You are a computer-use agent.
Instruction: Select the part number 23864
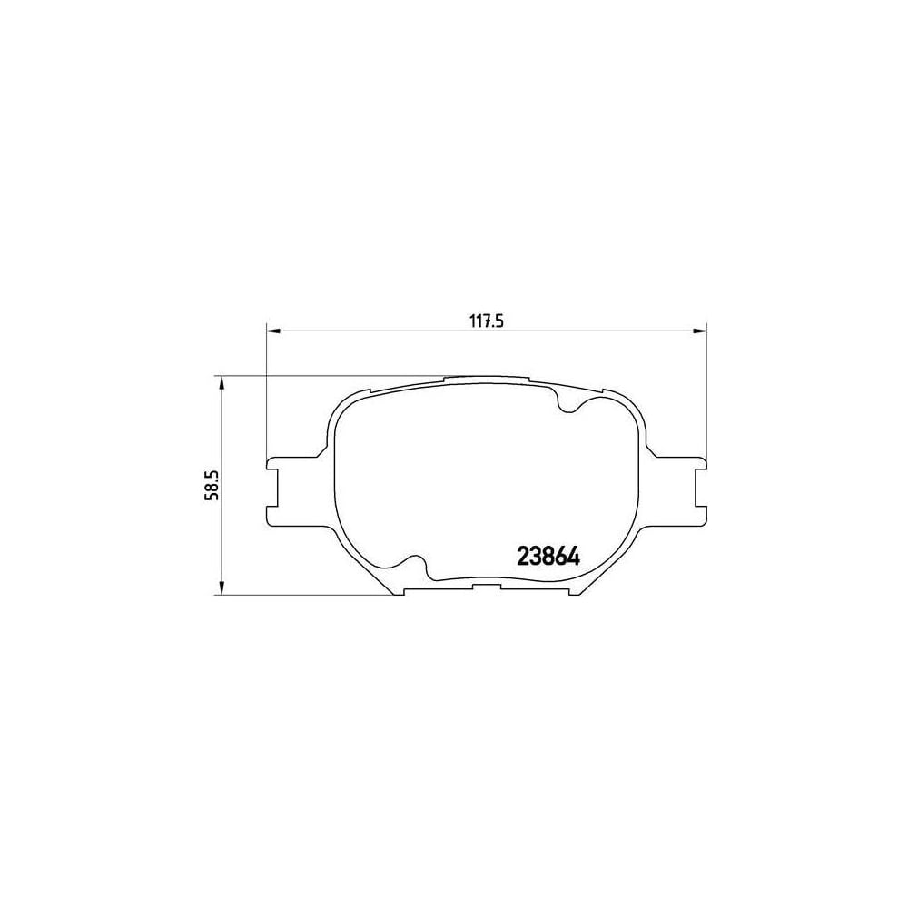click(548, 555)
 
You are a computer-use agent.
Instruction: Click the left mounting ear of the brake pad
click(275, 490)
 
